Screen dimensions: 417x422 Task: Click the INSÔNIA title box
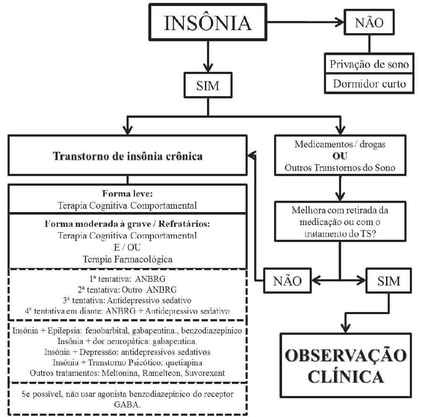[208, 23]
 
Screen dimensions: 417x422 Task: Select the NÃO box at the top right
[368, 23]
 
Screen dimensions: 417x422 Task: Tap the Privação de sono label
[369, 65]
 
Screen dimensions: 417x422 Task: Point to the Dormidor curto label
[369, 84]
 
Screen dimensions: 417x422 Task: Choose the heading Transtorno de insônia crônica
[127, 157]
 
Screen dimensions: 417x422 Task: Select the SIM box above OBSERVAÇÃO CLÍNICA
[383, 280]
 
